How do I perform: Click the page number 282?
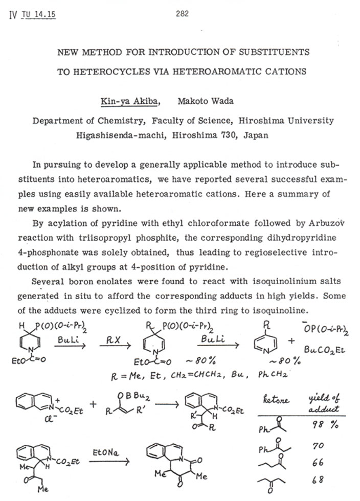(182, 14)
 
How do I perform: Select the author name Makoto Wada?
(205, 101)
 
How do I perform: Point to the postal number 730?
(225, 135)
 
